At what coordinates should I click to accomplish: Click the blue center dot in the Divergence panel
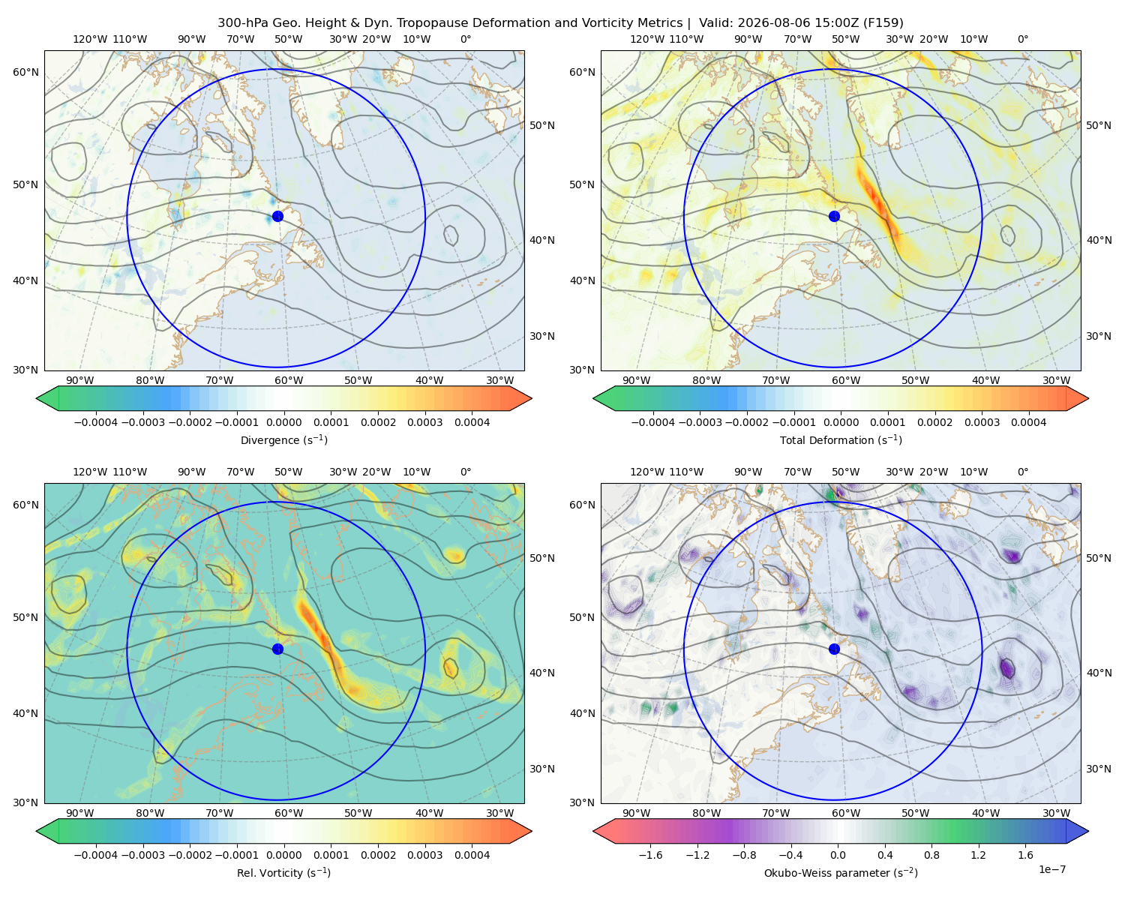277,216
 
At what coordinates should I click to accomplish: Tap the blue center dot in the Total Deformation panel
834,216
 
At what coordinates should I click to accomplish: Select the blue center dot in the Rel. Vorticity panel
277,649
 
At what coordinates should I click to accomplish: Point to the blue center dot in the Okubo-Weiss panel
834,649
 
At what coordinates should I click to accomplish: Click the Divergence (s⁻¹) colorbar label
283,439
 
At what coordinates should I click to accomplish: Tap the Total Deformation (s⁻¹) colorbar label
841,439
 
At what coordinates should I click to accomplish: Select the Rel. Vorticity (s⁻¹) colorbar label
283,872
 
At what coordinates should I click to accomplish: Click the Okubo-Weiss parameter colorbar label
841,872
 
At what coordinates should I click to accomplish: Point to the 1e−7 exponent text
1051,869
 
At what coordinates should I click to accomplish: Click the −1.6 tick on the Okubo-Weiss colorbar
651,854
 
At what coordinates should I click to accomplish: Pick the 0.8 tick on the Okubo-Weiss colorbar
931,854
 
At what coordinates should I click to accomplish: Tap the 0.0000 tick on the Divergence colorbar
283,422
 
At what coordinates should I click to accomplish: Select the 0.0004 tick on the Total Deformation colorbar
1028,422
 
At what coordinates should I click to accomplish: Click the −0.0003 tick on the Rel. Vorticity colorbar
142,854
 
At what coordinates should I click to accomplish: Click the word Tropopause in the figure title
460,22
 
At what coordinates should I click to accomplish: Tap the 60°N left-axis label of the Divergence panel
25,72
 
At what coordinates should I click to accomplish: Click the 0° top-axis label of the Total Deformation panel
1022,39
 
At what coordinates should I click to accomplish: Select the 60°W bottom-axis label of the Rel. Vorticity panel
289,813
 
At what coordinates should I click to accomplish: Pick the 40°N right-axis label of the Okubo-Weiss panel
1099,673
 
